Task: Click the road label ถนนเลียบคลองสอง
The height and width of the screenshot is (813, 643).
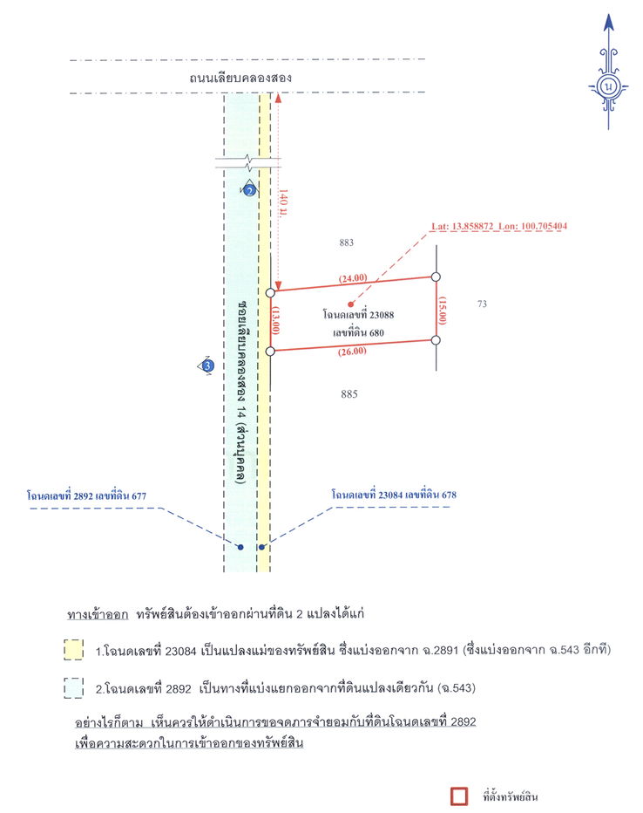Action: tap(240, 78)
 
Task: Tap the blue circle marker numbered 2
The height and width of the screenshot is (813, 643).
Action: tap(249, 190)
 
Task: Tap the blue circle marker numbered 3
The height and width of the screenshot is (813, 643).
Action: tap(207, 366)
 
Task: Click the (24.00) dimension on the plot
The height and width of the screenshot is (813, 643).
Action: tap(353, 278)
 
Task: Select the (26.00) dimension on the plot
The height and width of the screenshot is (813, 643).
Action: tap(353, 351)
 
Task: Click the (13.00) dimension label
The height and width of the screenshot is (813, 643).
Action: tap(276, 321)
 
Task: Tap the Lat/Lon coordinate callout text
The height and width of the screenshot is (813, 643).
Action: tap(499, 226)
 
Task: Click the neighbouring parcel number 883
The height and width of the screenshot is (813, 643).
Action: tap(346, 243)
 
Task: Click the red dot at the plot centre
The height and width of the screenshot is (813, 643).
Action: tap(350, 304)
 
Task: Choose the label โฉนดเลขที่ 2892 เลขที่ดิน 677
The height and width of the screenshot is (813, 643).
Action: tap(86, 495)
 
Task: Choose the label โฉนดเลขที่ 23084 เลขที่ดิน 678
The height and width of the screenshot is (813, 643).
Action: tap(394, 495)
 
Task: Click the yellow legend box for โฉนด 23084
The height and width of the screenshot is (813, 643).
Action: tap(73, 649)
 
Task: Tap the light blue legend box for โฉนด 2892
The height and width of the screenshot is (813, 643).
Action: tap(73, 688)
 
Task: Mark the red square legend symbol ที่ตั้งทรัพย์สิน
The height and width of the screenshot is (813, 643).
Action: tap(460, 796)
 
